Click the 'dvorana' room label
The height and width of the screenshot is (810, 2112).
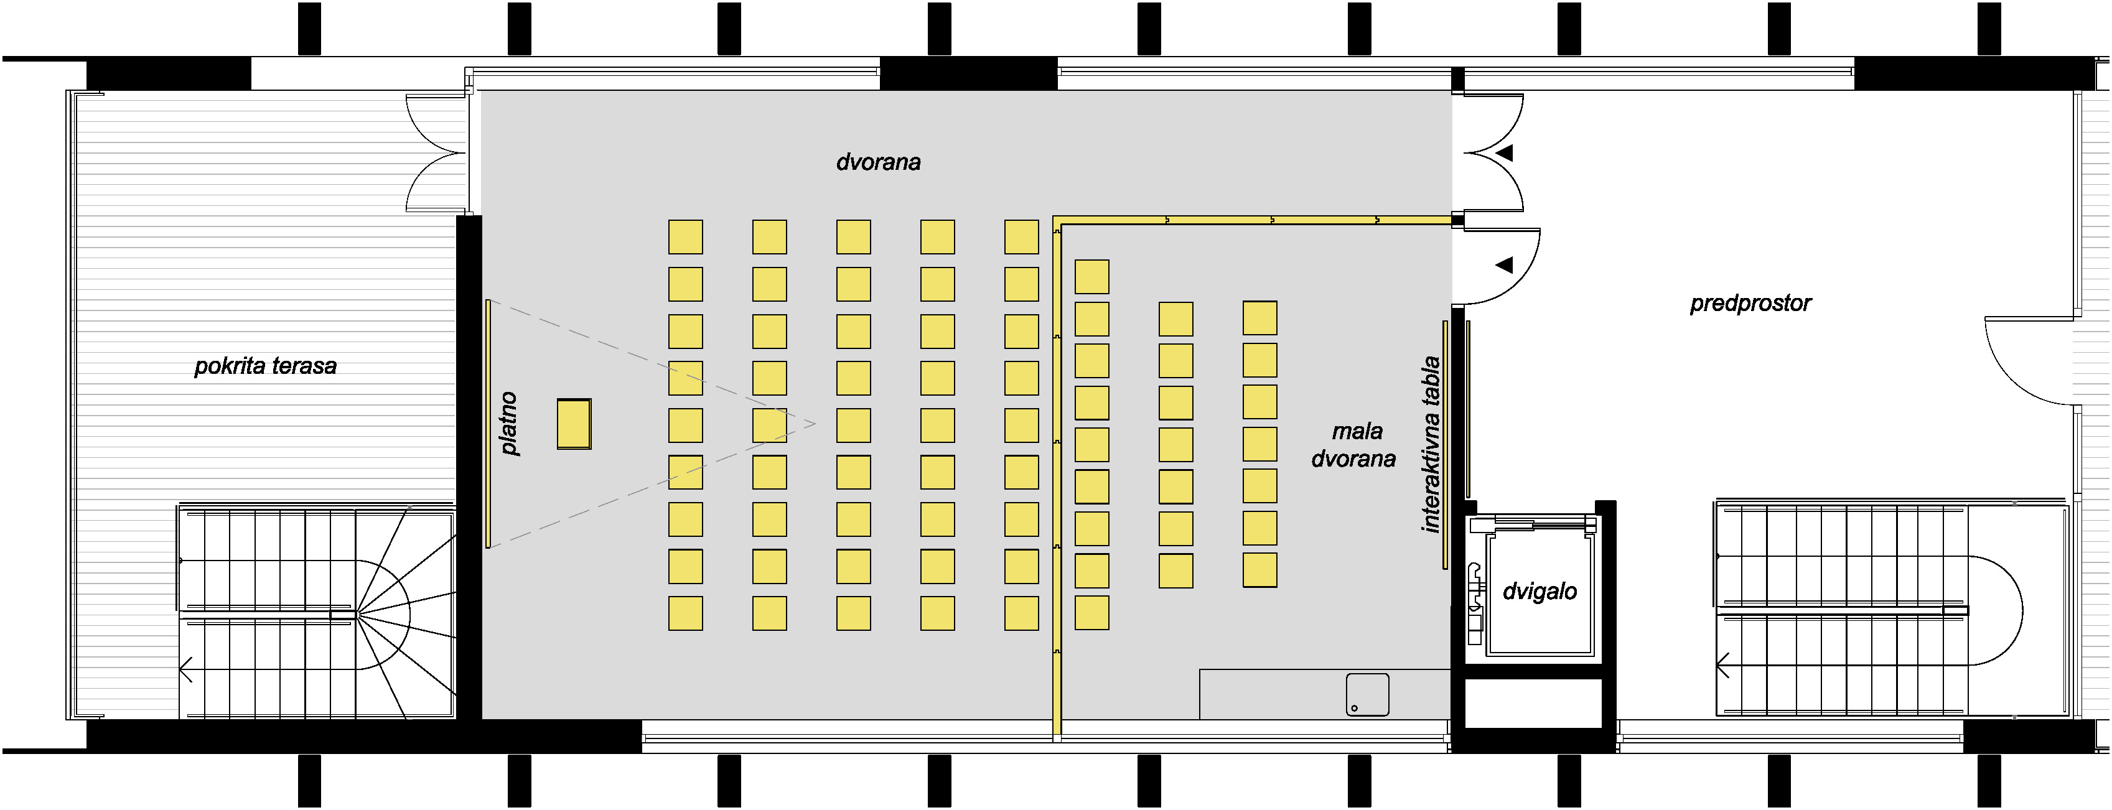[x=878, y=162]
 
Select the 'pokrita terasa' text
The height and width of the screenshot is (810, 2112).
[x=266, y=366]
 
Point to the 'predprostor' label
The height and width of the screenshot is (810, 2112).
[x=1750, y=304]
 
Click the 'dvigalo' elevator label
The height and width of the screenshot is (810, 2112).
[x=1540, y=591]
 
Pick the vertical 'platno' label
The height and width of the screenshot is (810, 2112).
[x=509, y=423]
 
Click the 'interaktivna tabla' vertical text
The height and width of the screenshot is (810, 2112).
[x=1431, y=444]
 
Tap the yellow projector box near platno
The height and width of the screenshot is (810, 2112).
[x=574, y=424]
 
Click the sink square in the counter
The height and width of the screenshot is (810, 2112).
[x=1368, y=694]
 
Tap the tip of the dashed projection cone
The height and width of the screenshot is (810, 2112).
[x=816, y=424]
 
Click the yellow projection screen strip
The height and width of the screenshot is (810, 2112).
[x=488, y=423]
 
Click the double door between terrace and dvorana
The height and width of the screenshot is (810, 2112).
[x=437, y=152]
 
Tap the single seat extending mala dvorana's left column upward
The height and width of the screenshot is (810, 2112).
[x=1092, y=277]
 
